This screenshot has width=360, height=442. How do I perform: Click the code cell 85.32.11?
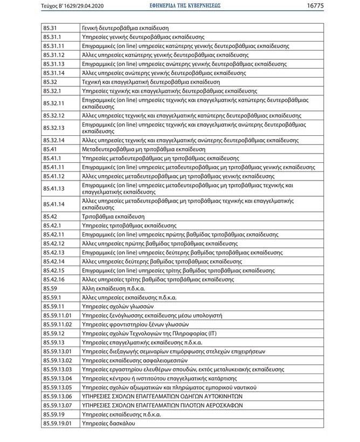tap(54, 103)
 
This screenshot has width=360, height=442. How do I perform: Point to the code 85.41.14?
tap(54, 204)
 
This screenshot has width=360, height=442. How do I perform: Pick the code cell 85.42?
tap(50, 216)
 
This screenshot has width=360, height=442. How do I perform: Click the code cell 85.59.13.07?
tap(57, 405)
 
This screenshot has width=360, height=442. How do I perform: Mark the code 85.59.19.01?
tap(57, 424)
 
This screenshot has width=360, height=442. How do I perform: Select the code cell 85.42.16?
tap(54, 279)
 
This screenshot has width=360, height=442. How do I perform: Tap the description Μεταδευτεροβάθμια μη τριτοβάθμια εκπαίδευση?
tap(143, 149)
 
